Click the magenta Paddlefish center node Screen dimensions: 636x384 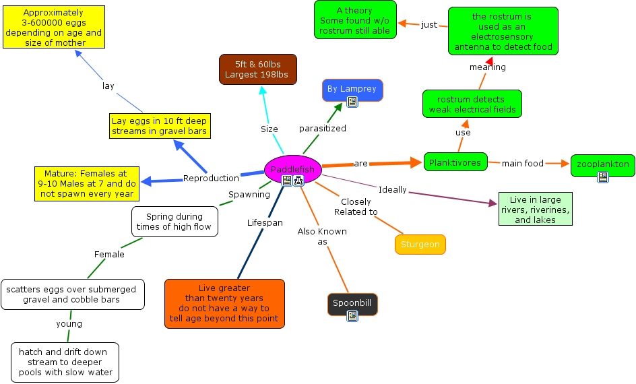pyautogui.click(x=293, y=170)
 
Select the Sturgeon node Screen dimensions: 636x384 pyautogui.click(x=420, y=245)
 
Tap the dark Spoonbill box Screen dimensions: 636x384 pyautogui.click(x=352, y=304)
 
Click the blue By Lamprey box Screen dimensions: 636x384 pyautogui.click(x=352, y=90)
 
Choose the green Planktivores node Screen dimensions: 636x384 pyautogui.click(x=455, y=162)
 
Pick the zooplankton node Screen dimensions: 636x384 pyautogui.click(x=603, y=166)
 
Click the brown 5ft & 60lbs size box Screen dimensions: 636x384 pyautogui.click(x=258, y=69)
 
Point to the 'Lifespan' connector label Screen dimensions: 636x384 pyautogui.click(x=265, y=222)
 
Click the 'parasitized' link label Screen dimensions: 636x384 pyautogui.click(x=323, y=129)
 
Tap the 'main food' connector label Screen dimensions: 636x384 pyautogui.click(x=522, y=164)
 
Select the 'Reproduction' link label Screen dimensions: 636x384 pyautogui.click(x=211, y=178)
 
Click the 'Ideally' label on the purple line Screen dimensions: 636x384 pyautogui.click(x=392, y=190)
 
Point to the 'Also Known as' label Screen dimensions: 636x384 pyautogui.click(x=322, y=236)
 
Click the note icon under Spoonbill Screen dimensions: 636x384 pyautogui.click(x=352, y=316)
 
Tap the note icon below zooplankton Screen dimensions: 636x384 pyautogui.click(x=603, y=177)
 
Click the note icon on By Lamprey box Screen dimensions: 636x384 pyautogui.click(x=352, y=102)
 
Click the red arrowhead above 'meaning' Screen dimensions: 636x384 pyautogui.click(x=489, y=61)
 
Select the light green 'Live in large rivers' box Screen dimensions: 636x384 pyautogui.click(x=536, y=209)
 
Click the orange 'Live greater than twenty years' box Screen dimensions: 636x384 pyautogui.click(x=225, y=304)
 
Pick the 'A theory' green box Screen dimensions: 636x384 pyautogui.click(x=355, y=20)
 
